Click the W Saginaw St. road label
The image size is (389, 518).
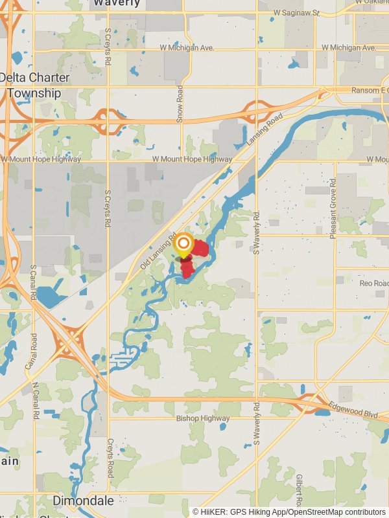point(297,12)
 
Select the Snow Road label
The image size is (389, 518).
point(180,104)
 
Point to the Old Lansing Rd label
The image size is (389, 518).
point(158,251)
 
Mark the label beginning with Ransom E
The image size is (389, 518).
point(370,90)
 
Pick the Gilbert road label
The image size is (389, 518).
point(298,489)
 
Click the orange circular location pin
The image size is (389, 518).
point(184,244)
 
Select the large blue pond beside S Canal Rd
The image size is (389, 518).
point(48,297)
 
